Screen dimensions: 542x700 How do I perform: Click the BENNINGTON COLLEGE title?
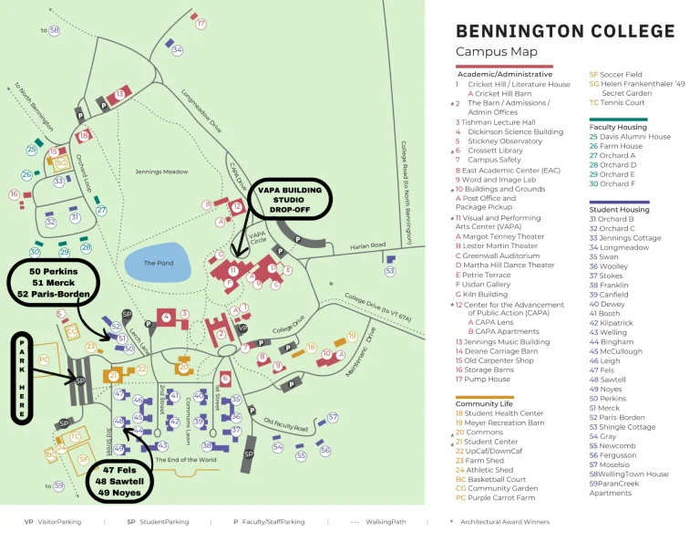tap(565, 31)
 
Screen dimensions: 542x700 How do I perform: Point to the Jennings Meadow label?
tap(161, 171)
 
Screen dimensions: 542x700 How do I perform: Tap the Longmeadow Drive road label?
tap(202, 111)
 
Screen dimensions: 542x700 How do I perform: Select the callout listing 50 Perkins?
tap(53, 283)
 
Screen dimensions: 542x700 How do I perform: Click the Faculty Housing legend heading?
tap(618, 127)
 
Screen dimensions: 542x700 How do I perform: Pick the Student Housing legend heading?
tap(619, 210)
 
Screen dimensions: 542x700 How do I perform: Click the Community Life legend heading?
tap(490, 403)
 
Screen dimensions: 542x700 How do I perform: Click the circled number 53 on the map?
tap(390, 271)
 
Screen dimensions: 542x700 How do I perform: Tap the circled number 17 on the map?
tap(201, 24)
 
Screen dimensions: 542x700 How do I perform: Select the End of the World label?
tap(185, 459)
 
